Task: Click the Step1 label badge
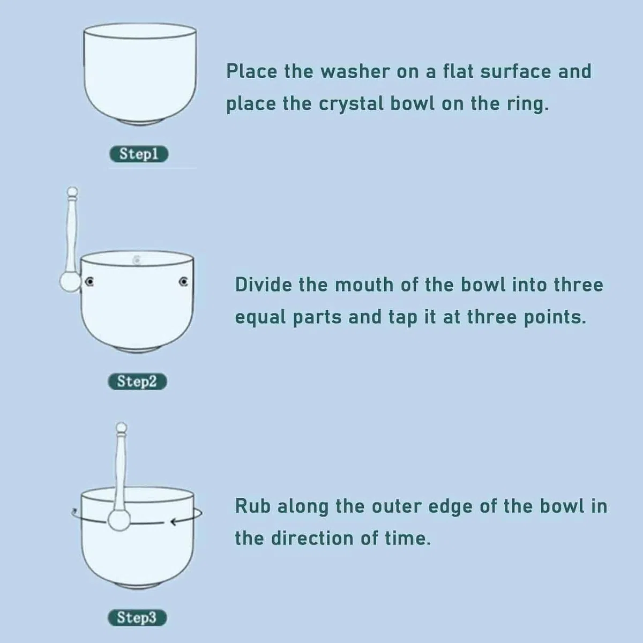pyautogui.click(x=139, y=154)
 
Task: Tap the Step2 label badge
pyautogui.click(x=138, y=382)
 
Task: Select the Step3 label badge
pyautogui.click(x=137, y=617)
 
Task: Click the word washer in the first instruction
pyautogui.click(x=355, y=71)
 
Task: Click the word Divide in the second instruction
pyautogui.click(x=264, y=285)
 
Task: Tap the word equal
pyautogui.click(x=260, y=318)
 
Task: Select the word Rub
pyautogui.click(x=252, y=506)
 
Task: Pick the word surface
pyautogui.click(x=515, y=71)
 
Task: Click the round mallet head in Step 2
pyautogui.click(x=70, y=282)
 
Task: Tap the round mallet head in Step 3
pyautogui.click(x=119, y=520)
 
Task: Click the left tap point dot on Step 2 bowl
pyautogui.click(x=89, y=282)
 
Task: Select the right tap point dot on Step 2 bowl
pyautogui.click(x=183, y=282)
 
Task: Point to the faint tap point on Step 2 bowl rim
pyautogui.click(x=136, y=259)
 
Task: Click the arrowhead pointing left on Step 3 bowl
pyautogui.click(x=174, y=521)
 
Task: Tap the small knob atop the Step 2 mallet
pyautogui.click(x=72, y=191)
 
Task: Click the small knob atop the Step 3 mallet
pyautogui.click(x=121, y=428)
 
